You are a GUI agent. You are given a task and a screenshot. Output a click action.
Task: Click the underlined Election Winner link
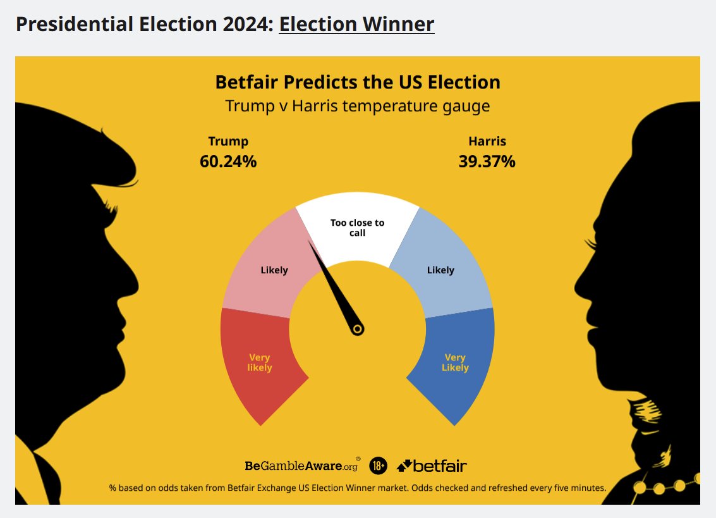356,24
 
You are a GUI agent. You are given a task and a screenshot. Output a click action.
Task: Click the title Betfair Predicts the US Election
358,82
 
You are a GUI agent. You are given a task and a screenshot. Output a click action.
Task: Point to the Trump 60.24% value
228,161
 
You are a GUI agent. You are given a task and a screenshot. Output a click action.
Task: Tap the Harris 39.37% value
487,161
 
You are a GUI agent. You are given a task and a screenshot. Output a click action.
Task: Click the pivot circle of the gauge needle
358,329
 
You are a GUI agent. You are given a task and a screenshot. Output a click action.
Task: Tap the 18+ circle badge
378,466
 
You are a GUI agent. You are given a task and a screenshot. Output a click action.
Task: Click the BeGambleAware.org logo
302,466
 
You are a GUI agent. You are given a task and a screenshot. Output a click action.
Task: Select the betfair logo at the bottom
432,466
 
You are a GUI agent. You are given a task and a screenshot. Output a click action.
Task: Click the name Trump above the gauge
228,141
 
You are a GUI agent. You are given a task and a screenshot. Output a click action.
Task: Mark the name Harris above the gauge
487,141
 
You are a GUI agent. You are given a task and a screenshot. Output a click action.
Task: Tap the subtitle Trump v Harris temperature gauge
358,106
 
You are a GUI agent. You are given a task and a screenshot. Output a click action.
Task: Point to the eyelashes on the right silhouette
592,242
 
